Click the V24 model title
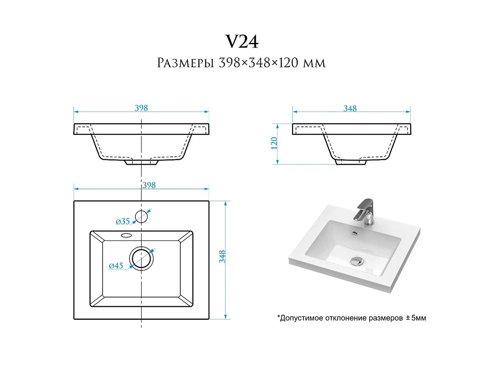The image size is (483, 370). pos(241,42)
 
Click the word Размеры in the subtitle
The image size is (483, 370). pos(186,63)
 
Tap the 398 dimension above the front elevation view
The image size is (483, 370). pos(141,108)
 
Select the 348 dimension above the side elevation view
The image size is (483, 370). pos(350,108)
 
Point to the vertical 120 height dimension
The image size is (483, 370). pos(274,143)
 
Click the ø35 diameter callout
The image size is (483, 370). pos(123,221)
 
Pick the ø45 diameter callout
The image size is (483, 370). pos(116,266)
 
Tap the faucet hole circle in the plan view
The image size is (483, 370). pos(141,216)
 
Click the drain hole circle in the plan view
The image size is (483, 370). pos(141,257)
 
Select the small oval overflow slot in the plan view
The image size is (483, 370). pos(126,235)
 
